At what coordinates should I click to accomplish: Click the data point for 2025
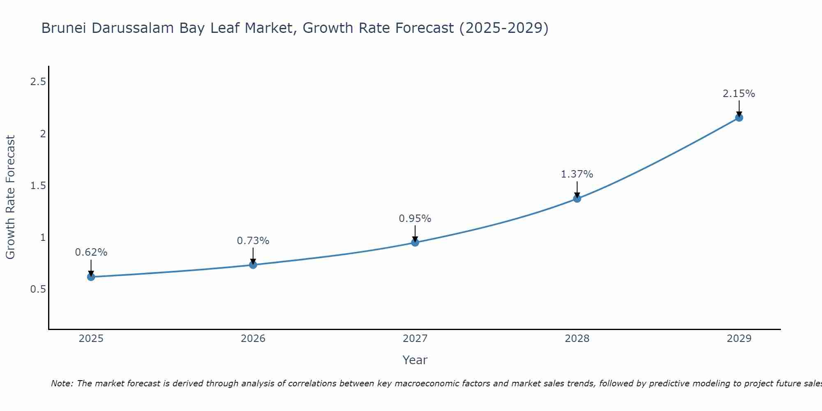pos(91,277)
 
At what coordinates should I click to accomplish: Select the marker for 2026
pos(253,265)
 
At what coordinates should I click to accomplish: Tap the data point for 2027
pos(415,242)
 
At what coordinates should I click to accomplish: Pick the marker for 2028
pos(577,199)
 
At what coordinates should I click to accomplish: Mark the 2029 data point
pos(739,118)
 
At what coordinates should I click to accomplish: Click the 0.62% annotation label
pos(91,252)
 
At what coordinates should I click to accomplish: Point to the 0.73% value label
pos(253,241)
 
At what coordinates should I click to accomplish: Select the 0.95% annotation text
pos(415,219)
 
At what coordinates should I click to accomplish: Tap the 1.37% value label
pos(577,174)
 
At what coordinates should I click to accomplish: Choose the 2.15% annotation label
pos(739,94)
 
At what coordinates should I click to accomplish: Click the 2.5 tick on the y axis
pos(38,82)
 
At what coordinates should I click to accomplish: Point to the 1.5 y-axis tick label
pos(38,186)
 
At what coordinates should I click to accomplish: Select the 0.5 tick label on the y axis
pos(38,289)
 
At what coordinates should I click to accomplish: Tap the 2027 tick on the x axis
pos(415,339)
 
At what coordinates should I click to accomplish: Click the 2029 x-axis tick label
pos(739,339)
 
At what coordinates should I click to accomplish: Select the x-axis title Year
pos(415,360)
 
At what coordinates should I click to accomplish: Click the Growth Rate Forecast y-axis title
pos(10,197)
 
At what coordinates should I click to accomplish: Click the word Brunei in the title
pos(64,28)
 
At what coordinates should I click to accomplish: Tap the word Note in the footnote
pos(62,383)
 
